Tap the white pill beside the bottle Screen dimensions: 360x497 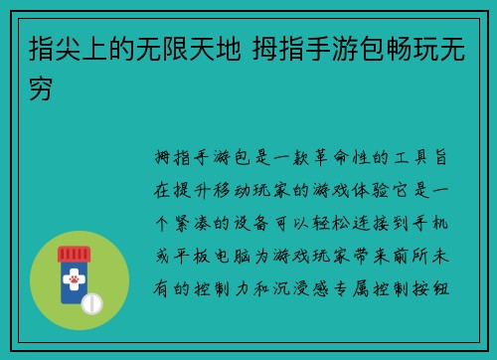click(x=92, y=302)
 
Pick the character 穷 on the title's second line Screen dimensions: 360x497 click(x=43, y=88)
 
